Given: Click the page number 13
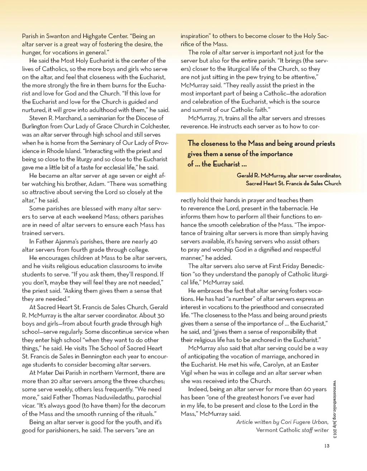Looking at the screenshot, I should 327,446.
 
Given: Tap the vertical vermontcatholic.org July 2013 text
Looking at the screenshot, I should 335,409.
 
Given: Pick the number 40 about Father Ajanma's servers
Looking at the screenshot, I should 153,242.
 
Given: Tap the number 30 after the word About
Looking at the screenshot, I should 161,315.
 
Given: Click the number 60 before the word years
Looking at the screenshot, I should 307,389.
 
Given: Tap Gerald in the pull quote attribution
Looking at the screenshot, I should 248,176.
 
